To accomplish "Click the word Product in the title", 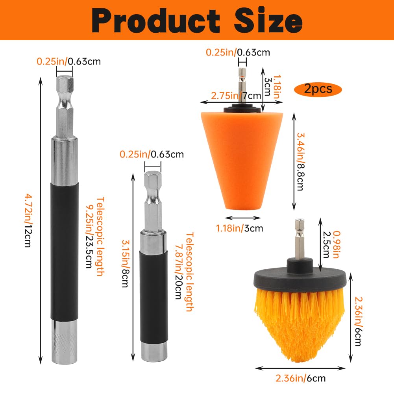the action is click(156, 20).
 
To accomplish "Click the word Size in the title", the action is click(268, 20).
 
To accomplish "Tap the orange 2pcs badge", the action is click(318, 89).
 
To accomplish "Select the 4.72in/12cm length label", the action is click(28, 220).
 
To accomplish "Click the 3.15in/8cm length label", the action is click(126, 263).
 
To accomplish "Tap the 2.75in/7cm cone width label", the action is click(236, 96).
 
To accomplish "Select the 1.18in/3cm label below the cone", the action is click(239, 228).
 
